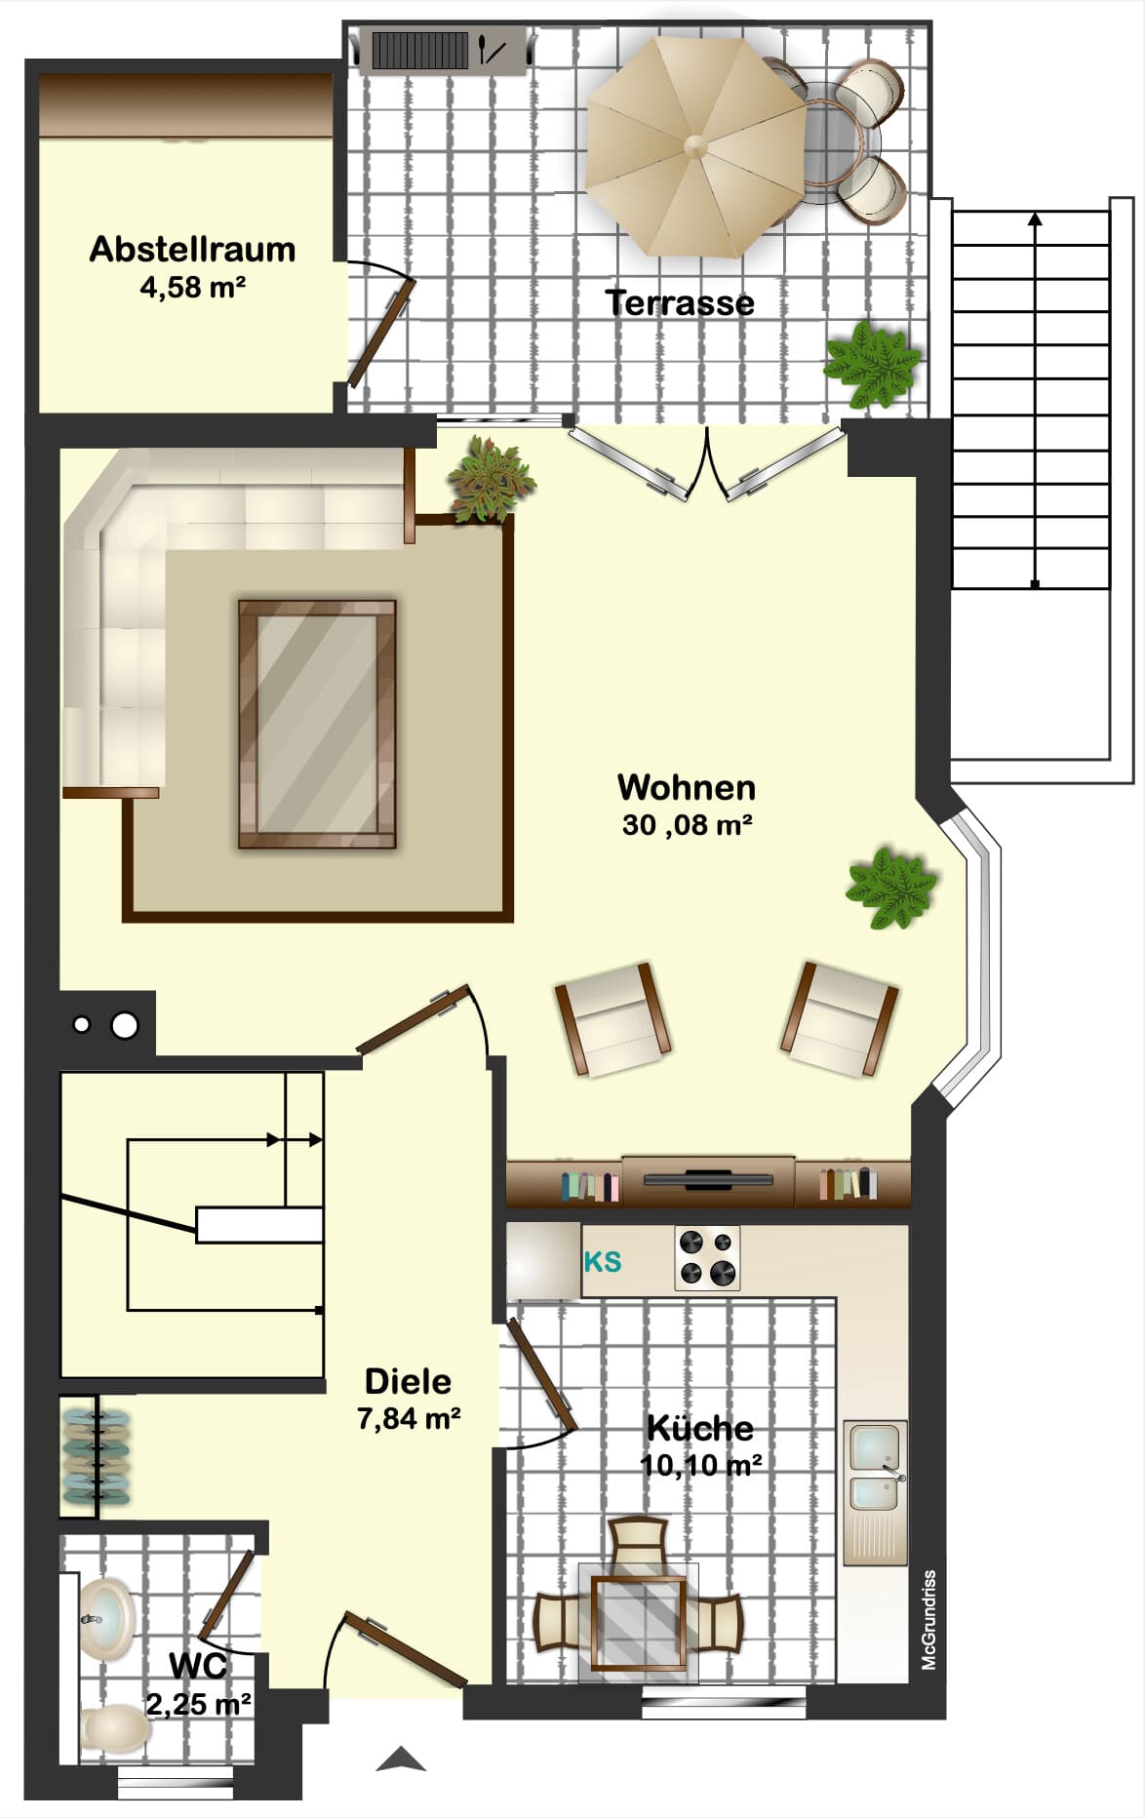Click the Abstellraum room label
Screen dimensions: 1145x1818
point(192,250)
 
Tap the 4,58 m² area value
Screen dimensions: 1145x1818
point(192,287)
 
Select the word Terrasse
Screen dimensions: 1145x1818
point(680,302)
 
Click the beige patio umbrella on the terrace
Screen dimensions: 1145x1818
point(696,146)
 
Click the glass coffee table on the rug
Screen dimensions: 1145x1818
point(317,724)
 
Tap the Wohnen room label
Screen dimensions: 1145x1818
point(687,787)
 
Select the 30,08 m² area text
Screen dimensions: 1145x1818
point(687,825)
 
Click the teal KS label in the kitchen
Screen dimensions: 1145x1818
point(602,1262)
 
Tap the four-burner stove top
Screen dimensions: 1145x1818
point(707,1258)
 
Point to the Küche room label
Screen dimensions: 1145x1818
point(700,1429)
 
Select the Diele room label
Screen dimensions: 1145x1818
point(408,1381)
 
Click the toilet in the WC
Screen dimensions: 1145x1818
point(115,1729)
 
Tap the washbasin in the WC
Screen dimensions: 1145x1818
point(105,1620)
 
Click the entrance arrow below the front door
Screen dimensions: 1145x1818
point(401,1759)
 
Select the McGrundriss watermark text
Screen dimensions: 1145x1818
point(929,1620)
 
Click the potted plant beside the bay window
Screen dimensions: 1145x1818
point(891,888)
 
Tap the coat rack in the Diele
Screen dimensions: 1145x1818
point(96,1457)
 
